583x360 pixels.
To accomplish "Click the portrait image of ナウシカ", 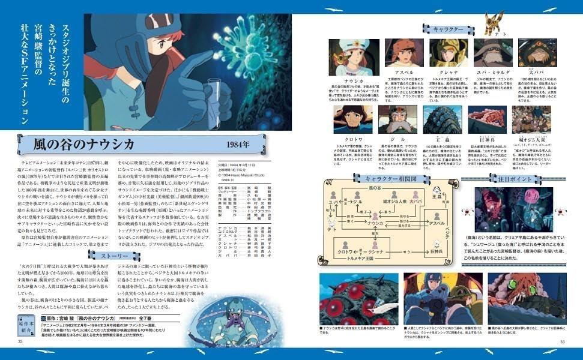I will click(x=354, y=57).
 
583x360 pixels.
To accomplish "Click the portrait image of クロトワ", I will click(x=354, y=119).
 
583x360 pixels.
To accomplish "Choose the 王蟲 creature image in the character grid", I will click(x=443, y=119).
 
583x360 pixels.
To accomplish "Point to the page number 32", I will click(x=20, y=342).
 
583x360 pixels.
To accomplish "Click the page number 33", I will click(x=563, y=342).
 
